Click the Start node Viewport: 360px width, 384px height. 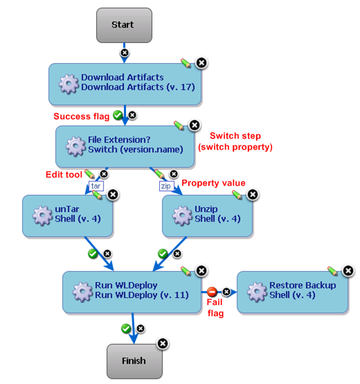123,25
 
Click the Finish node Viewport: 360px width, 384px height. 134,360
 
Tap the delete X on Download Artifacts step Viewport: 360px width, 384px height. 201,63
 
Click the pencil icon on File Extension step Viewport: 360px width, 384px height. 179,125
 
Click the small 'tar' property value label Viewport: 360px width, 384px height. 96,186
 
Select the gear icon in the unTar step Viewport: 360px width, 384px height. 42,214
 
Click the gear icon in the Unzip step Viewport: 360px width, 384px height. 182,214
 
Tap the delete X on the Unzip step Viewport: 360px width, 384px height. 253,195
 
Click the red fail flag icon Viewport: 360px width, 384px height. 213,292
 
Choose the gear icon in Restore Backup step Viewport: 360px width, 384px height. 257,290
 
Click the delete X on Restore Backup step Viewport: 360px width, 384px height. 348,271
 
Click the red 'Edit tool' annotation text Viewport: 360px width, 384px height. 64,174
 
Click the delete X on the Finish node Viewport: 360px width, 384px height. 162,343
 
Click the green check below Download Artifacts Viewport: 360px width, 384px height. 118,116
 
